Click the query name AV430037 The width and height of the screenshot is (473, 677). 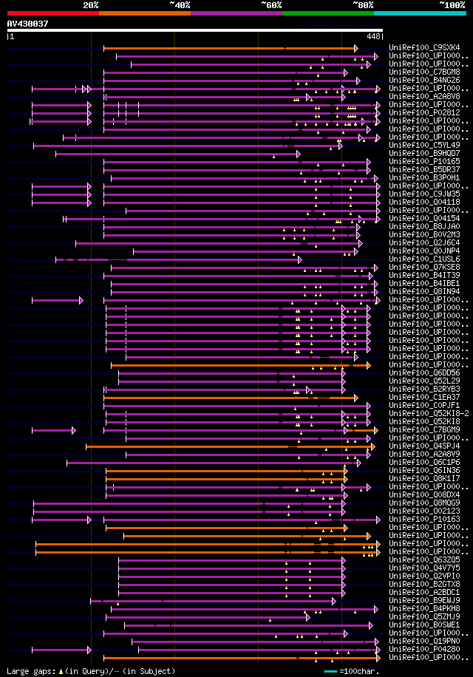click(28, 24)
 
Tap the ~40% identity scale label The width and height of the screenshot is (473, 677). click(180, 5)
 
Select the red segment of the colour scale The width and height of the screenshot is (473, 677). click(52, 13)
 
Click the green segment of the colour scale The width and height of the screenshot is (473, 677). click(327, 13)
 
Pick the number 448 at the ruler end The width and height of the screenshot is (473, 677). click(374, 36)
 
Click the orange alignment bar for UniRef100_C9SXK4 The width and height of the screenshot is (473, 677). click(229, 48)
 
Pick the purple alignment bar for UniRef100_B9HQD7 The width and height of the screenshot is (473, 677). click(177, 154)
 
